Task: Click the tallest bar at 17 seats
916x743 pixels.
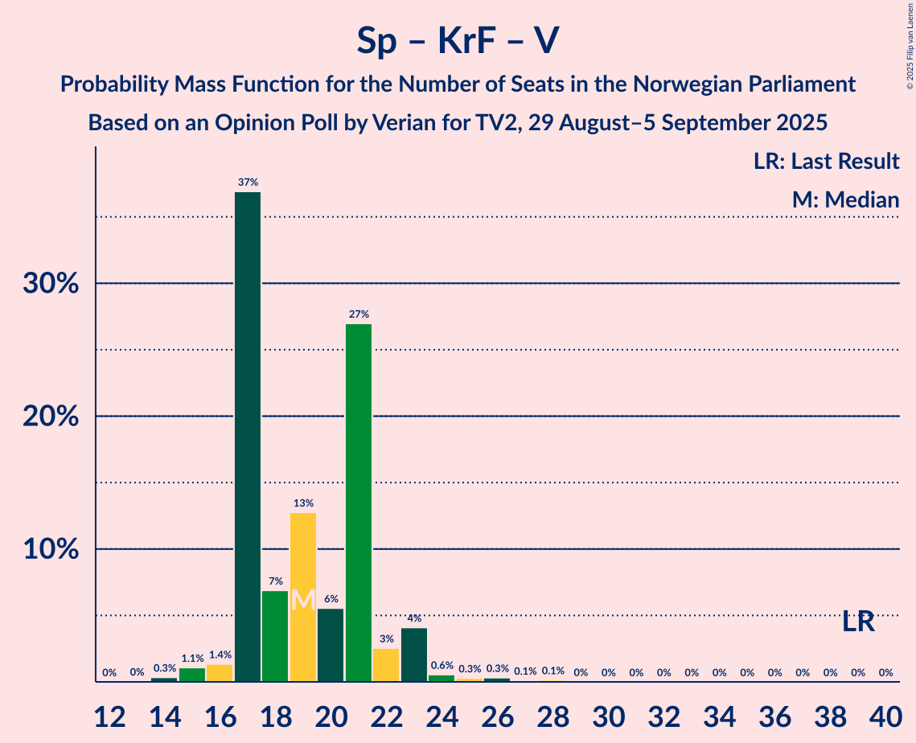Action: [247, 437]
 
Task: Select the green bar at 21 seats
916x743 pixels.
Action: [358, 503]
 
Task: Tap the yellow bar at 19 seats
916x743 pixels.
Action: [302, 597]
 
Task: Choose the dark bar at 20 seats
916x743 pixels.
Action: [331, 645]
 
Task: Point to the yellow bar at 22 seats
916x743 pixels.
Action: [386, 665]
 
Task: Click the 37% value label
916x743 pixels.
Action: [247, 183]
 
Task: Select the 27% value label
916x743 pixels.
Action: [358, 314]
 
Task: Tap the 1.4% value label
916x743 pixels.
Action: [220, 655]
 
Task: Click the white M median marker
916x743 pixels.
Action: [302, 600]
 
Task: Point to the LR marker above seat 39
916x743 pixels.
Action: [858, 622]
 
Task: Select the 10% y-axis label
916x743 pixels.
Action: [55, 550]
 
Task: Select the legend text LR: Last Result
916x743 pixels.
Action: [826, 162]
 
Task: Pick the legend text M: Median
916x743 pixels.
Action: [845, 200]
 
